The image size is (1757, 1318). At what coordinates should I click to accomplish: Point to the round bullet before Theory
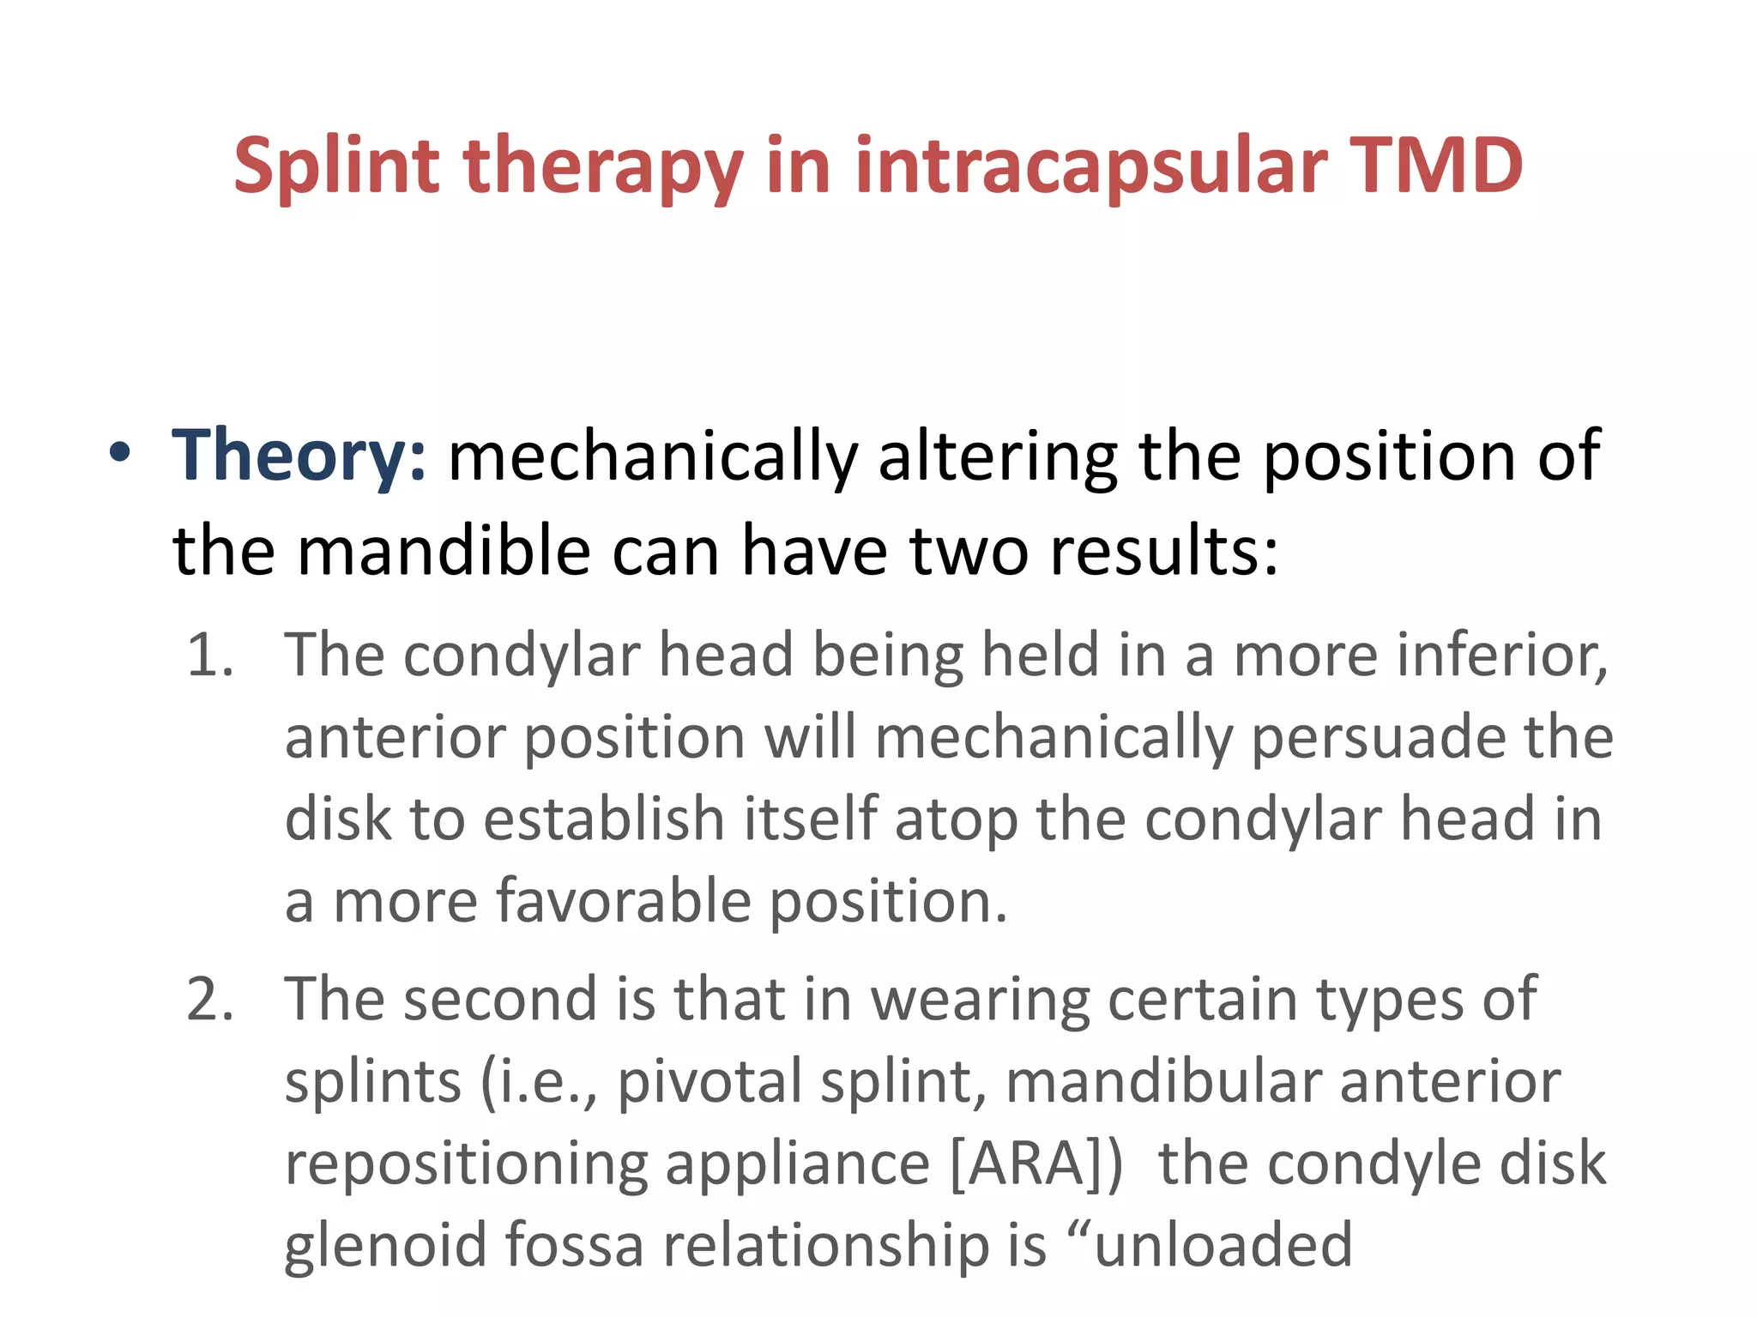pos(119,452)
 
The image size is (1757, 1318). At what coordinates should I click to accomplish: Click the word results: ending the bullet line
pos(1164,551)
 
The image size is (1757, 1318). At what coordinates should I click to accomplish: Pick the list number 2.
pos(210,1000)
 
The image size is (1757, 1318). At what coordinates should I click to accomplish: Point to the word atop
pos(956,819)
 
